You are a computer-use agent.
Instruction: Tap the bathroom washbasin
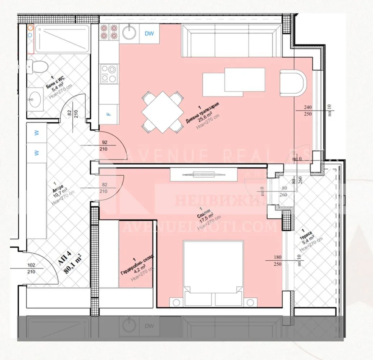pos(36,99)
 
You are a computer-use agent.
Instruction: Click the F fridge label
pos(108,114)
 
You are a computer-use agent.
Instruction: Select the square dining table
pos(161,111)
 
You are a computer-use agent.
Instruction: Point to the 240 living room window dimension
pos(308,107)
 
